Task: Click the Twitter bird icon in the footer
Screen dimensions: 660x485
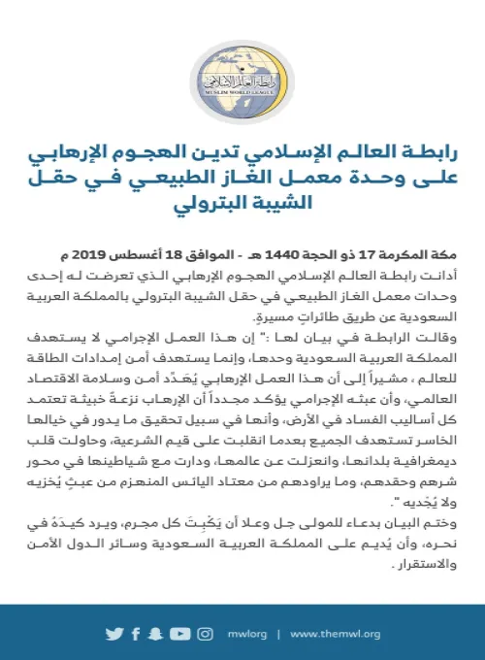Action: coord(116,634)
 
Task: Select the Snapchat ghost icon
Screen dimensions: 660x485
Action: coord(156,634)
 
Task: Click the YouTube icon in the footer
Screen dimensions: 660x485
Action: coord(178,634)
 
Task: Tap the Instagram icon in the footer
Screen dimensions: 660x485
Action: coord(205,634)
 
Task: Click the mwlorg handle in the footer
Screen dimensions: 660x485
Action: coord(248,635)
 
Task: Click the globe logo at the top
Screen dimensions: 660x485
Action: coord(242,83)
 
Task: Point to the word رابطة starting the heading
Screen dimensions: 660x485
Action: coord(412,153)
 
